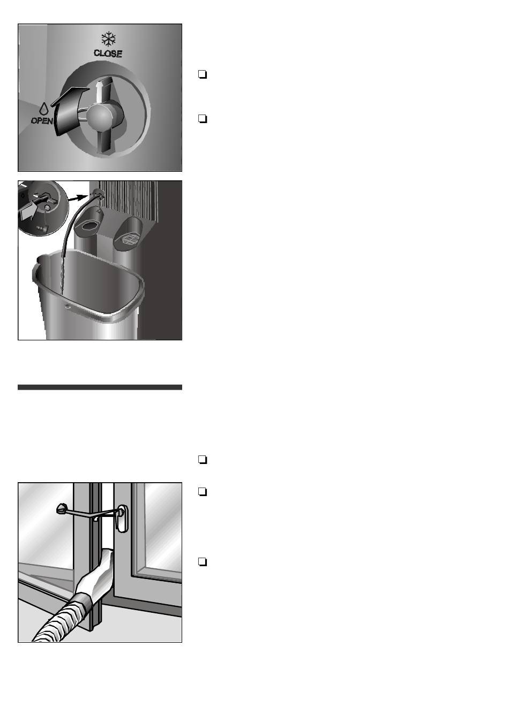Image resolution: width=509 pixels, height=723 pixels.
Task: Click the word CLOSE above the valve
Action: (108, 54)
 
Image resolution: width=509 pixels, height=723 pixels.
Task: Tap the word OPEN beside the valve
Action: (42, 121)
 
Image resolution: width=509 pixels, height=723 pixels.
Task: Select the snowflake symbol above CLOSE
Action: (108, 39)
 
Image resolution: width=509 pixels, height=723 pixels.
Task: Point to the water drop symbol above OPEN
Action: (43, 109)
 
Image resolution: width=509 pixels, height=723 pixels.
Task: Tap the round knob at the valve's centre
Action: (101, 116)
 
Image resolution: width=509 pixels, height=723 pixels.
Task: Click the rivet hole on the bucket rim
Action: (68, 307)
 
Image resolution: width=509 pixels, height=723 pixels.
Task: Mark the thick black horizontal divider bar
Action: (100, 387)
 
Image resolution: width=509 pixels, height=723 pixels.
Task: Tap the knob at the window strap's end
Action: (61, 509)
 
